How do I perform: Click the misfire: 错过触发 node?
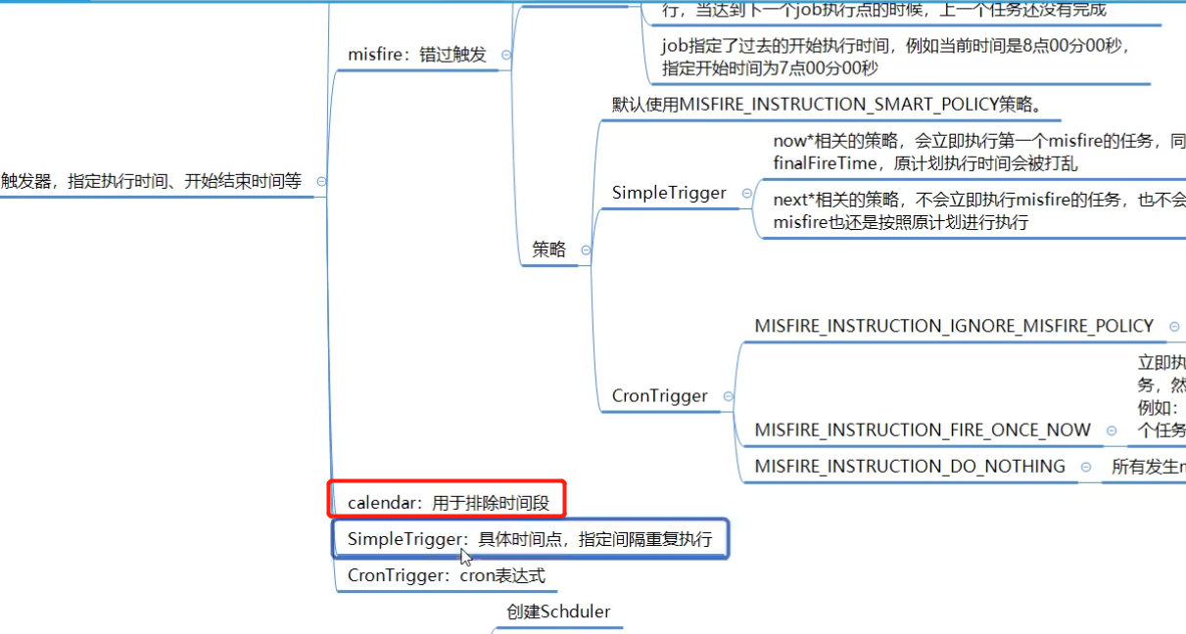click(x=416, y=55)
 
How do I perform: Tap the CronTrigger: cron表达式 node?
click(x=446, y=575)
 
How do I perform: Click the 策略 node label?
click(x=548, y=249)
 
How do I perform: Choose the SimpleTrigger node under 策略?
click(x=669, y=193)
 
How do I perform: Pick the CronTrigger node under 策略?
click(x=659, y=395)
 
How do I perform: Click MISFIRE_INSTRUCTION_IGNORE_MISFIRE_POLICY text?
click(x=954, y=326)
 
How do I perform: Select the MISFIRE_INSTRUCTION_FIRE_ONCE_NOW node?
click(x=922, y=430)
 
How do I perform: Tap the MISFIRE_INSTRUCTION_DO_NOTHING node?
click(x=910, y=466)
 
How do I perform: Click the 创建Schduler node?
click(x=558, y=611)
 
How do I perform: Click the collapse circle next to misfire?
click(x=505, y=56)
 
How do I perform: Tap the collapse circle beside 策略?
click(x=586, y=250)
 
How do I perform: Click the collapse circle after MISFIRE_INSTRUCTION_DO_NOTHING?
click(x=1086, y=467)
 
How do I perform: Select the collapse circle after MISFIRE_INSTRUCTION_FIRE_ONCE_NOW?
click(x=1112, y=430)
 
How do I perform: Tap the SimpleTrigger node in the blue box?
click(x=529, y=539)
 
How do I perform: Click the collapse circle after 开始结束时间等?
click(x=321, y=181)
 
